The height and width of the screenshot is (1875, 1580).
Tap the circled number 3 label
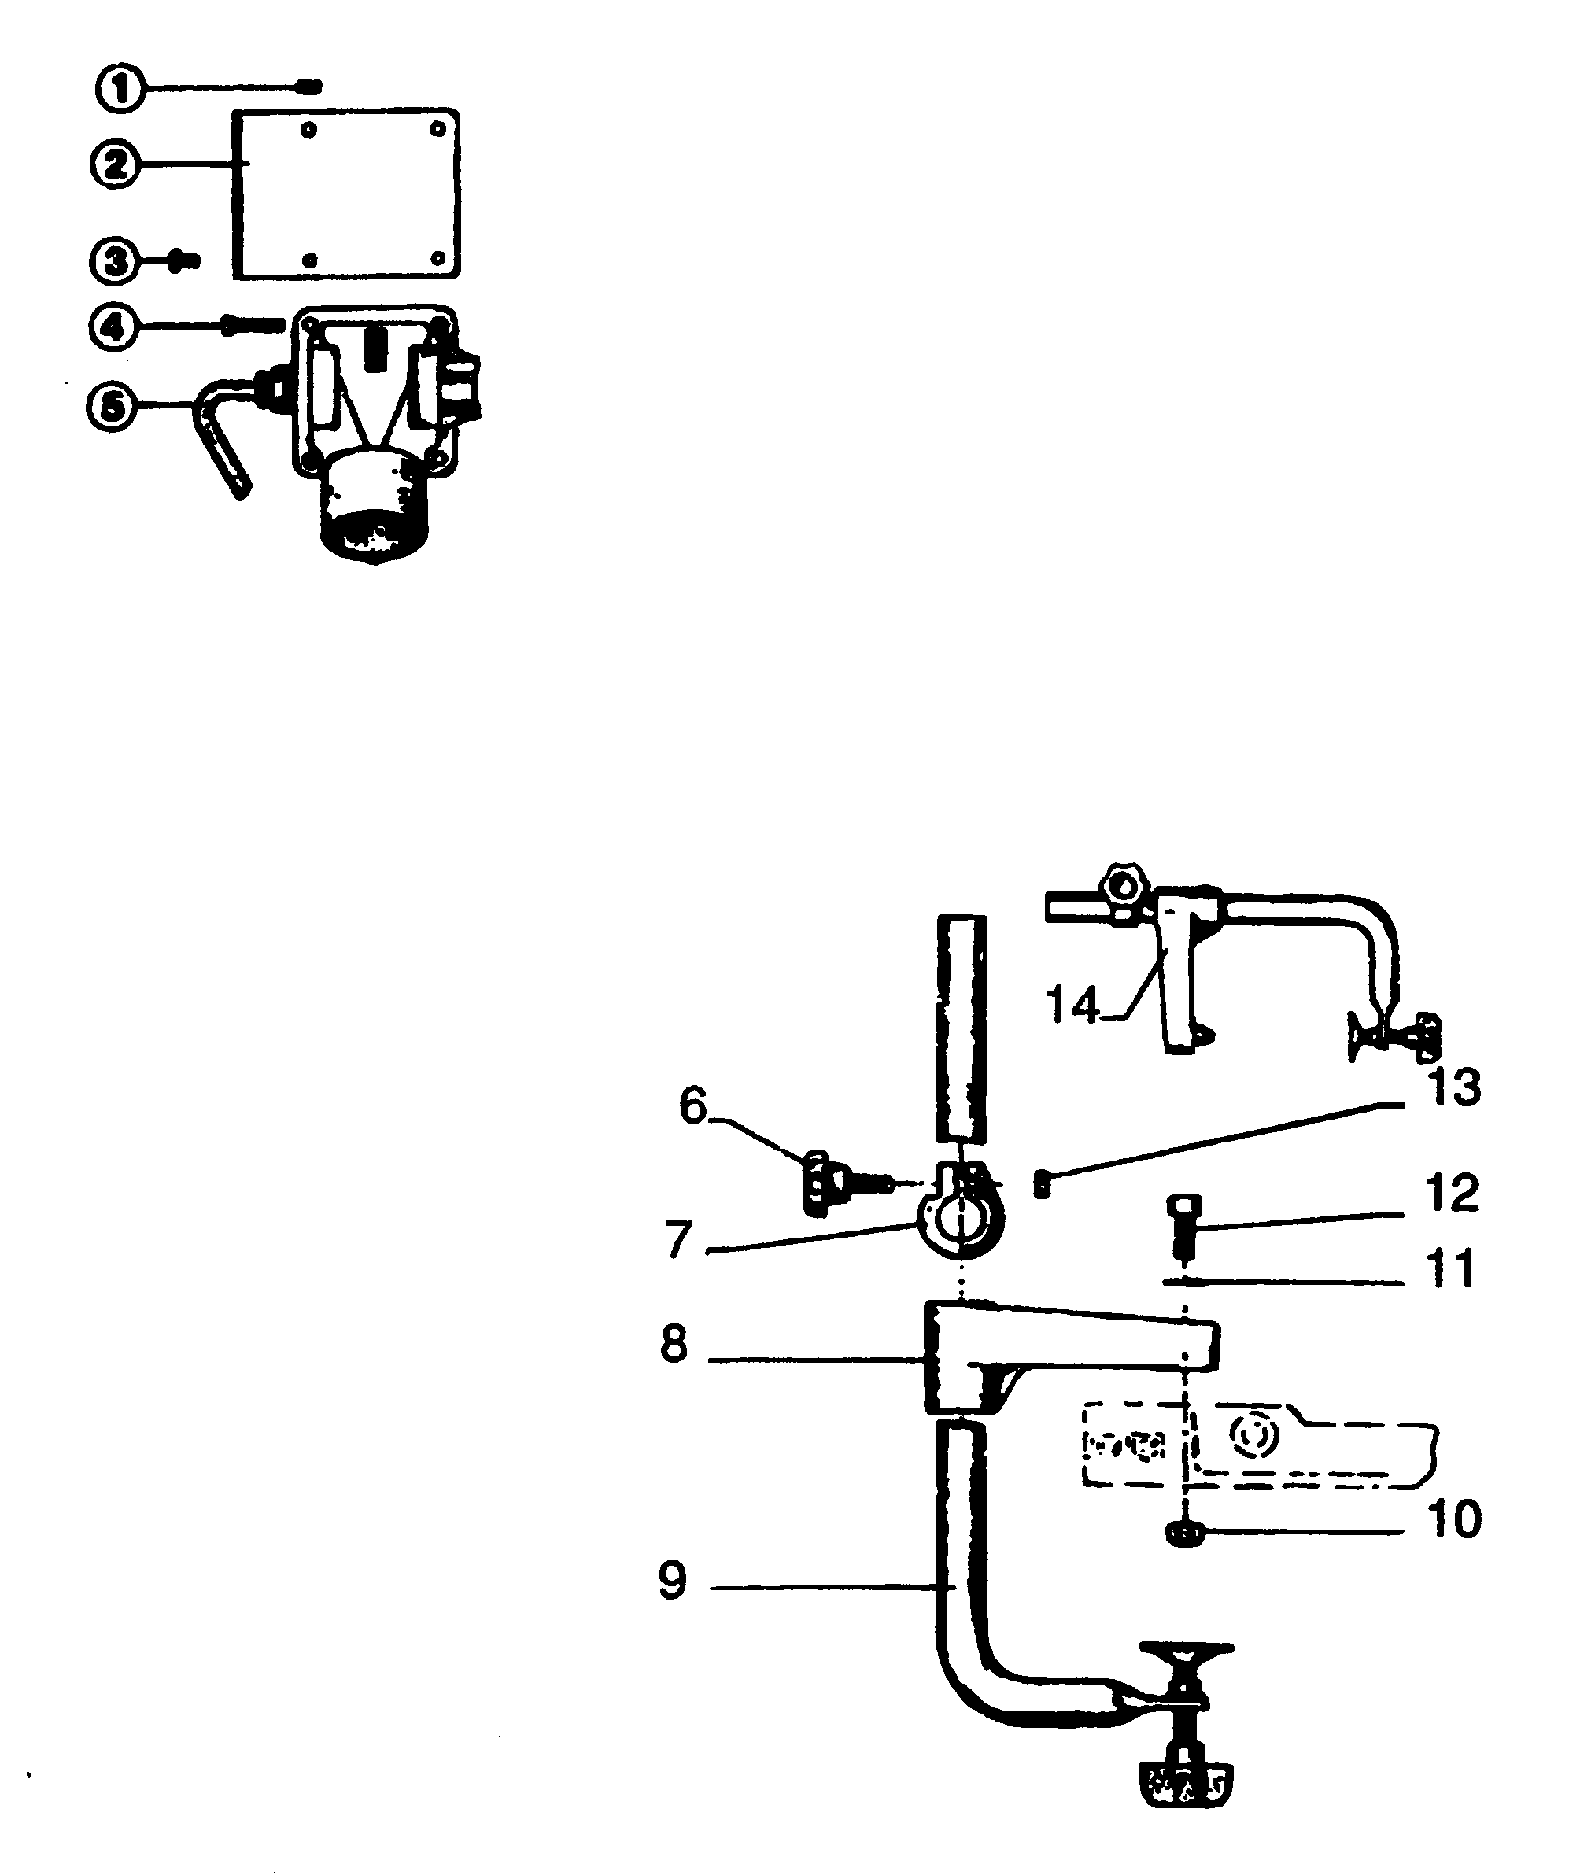[114, 261]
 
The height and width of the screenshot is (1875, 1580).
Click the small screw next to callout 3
[186, 260]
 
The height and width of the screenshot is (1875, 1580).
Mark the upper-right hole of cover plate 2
[438, 130]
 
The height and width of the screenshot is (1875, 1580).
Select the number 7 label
[679, 1240]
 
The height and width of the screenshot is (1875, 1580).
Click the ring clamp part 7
[960, 1218]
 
